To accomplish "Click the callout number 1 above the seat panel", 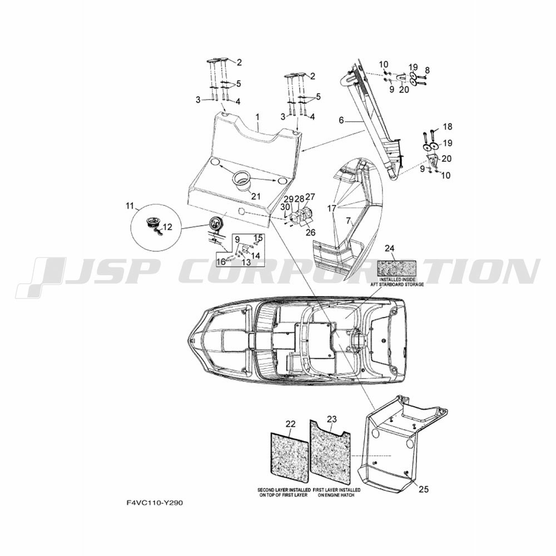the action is (258, 117).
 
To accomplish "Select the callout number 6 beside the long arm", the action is (341, 121).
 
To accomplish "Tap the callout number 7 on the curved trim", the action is (349, 222).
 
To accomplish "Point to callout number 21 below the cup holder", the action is (256, 196).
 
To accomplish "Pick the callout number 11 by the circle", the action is (130, 206).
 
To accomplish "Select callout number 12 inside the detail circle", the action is (167, 227).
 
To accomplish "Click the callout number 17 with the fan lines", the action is (331, 209).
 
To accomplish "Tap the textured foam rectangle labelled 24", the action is (396, 269).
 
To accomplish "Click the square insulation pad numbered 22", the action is (289, 457).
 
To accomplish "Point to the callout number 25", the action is (423, 489).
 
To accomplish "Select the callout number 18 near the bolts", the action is (448, 127).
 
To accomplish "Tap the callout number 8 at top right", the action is (427, 70).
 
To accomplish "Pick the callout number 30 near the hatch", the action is (285, 207).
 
